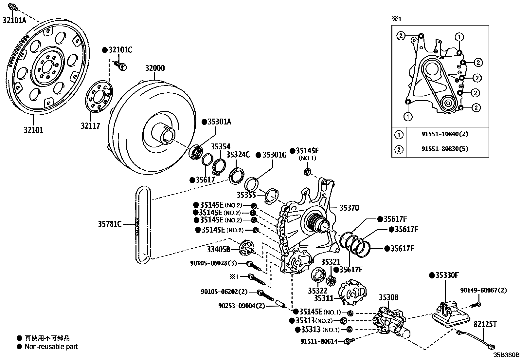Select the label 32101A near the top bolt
click(14, 20)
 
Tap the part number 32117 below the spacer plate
click(91, 125)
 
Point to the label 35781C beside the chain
click(110, 224)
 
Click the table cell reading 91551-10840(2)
click(444, 134)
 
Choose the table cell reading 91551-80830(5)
click(444, 149)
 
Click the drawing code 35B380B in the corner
click(506, 355)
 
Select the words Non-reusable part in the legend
click(51, 347)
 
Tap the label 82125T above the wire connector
click(485, 324)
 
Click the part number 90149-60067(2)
click(483, 290)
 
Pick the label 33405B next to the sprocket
click(218, 250)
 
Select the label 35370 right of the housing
click(349, 208)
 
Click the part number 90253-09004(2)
click(242, 306)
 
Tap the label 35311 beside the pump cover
click(323, 298)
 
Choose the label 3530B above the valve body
click(388, 297)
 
